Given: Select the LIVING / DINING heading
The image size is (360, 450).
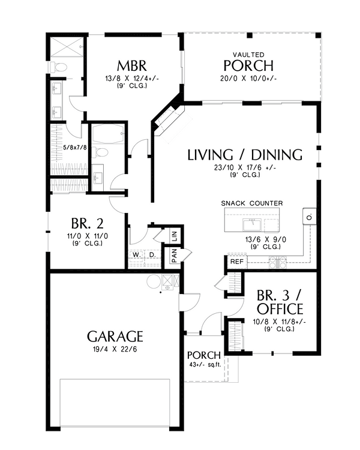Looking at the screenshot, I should tap(245, 155).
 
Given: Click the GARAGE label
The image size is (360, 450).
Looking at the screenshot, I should tap(115, 335).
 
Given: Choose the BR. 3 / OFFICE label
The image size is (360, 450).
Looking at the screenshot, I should tap(279, 302).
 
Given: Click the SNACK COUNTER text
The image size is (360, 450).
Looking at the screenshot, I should tap(252, 203).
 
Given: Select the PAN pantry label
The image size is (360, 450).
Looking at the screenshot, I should tap(174, 256).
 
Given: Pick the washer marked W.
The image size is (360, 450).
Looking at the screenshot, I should tap(136, 255).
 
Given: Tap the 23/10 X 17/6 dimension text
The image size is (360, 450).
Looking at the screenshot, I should tap(245, 168).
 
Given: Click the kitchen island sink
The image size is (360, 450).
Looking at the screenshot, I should tap(251, 225).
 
